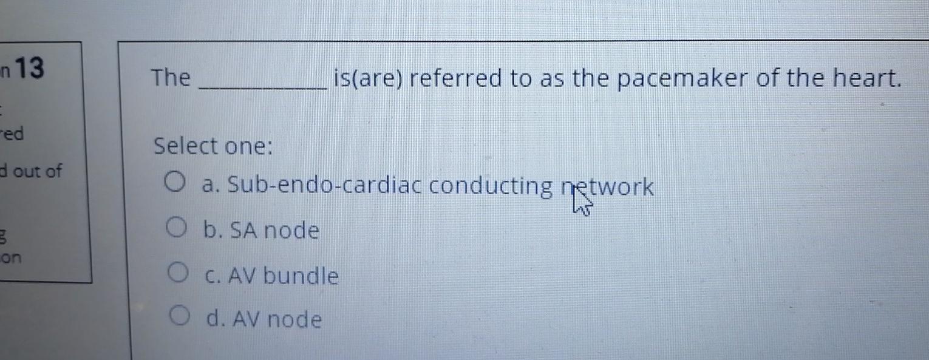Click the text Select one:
(213, 146)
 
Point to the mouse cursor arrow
(579, 205)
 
